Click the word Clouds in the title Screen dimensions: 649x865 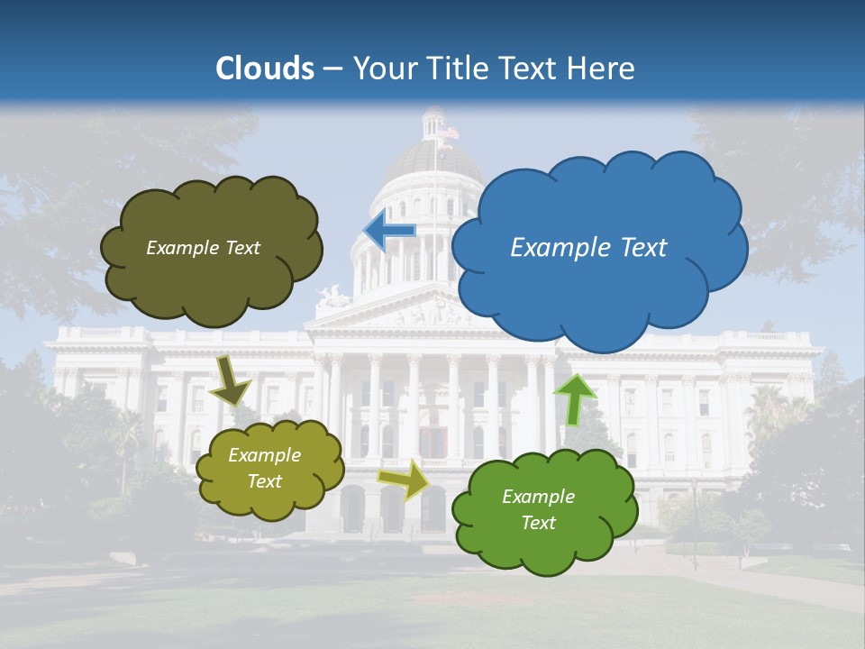[x=265, y=69]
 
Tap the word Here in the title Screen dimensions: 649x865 [x=603, y=69]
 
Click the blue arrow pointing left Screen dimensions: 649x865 [x=389, y=231]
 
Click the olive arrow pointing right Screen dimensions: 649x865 [x=404, y=480]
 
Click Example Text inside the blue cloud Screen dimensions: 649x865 [x=588, y=248]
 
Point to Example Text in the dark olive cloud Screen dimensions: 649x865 [x=203, y=248]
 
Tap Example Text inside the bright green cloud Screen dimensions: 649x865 [x=538, y=509]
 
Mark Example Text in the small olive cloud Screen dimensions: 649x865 [x=264, y=468]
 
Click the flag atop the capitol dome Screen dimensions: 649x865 [x=448, y=133]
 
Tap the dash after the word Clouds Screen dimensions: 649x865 [x=332, y=69]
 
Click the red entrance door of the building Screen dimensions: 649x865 [x=432, y=442]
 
